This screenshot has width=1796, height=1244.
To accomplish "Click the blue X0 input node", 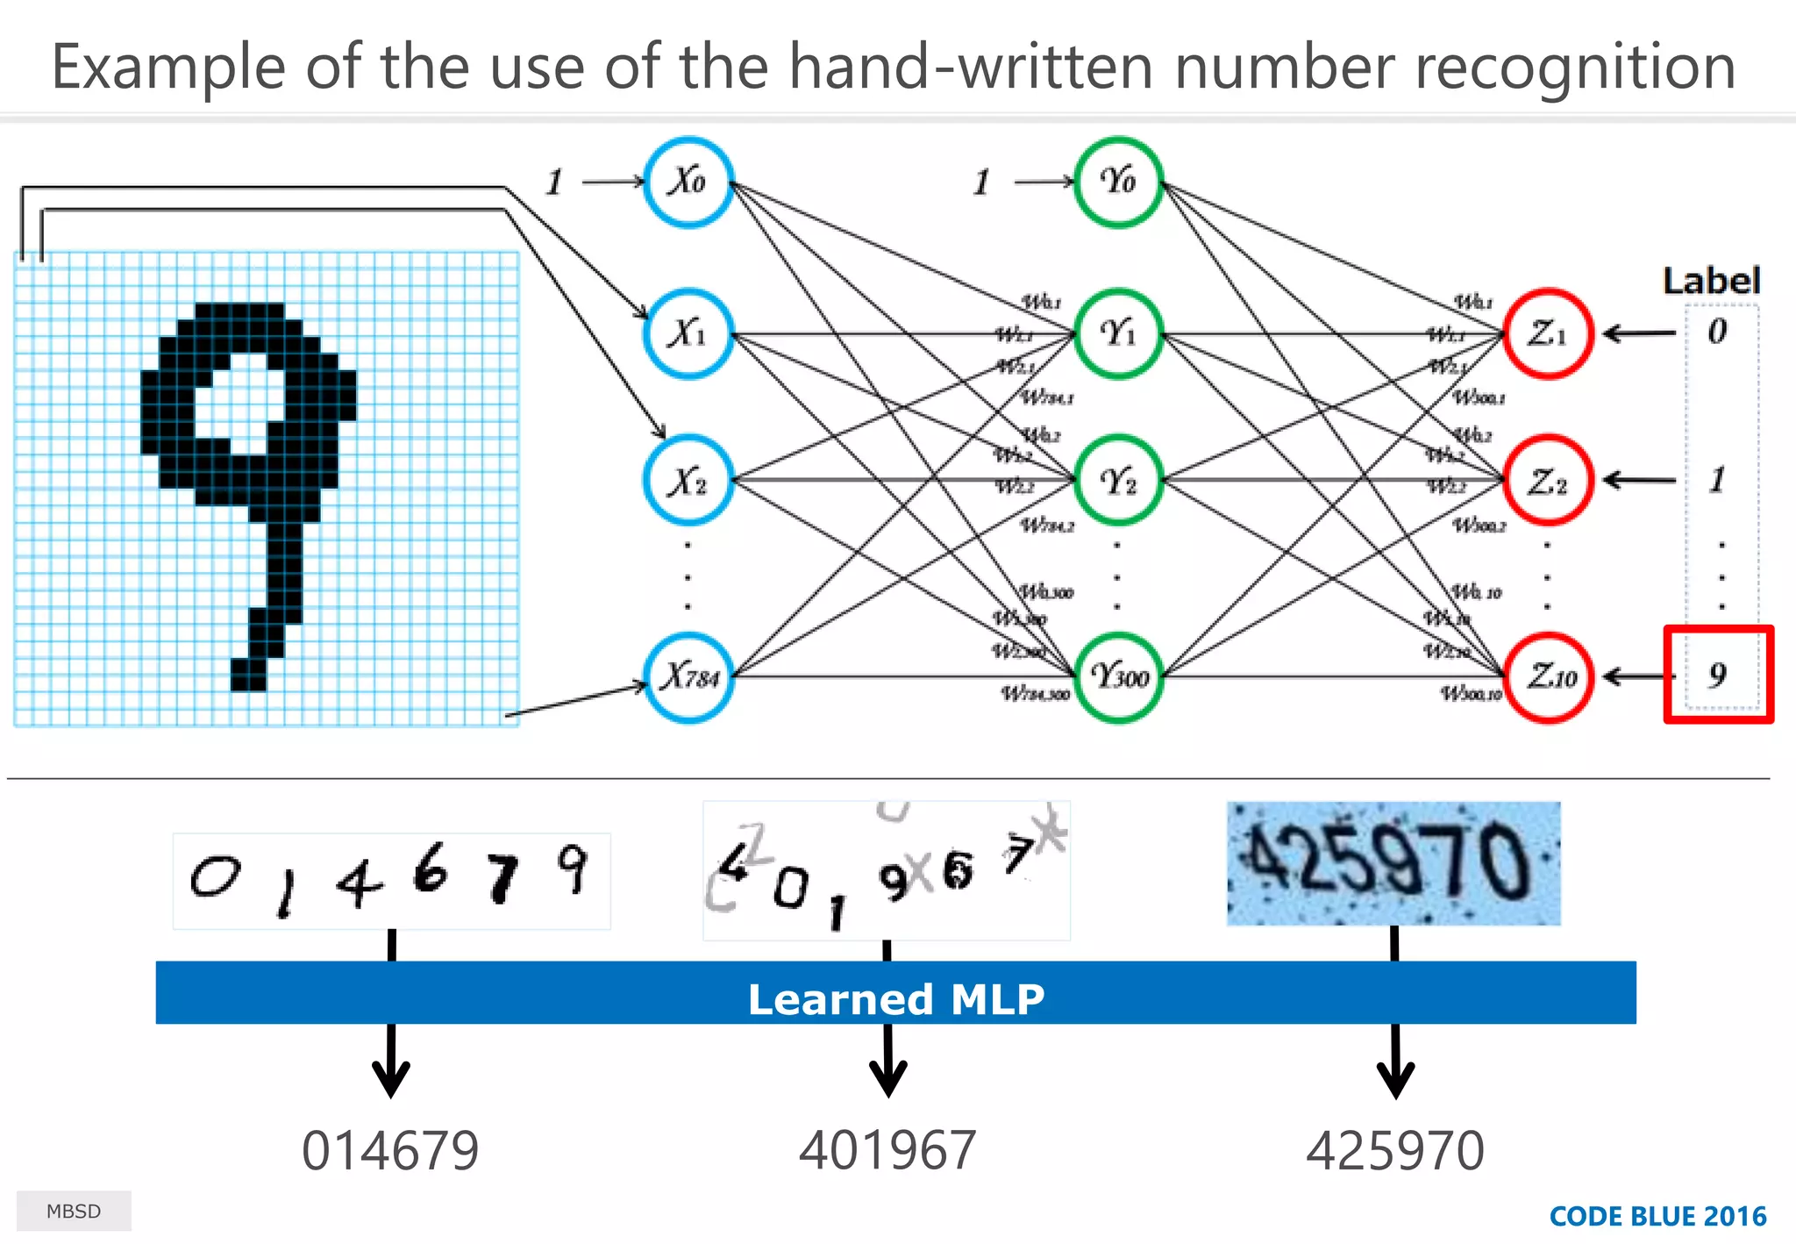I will [688, 182].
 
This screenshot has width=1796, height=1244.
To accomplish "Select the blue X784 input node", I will [688, 677].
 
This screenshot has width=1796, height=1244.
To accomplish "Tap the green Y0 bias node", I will [1118, 182].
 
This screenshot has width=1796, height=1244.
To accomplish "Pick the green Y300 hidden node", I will [1118, 677].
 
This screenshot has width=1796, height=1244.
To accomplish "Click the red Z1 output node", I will [1548, 333].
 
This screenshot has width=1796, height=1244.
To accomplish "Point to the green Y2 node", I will [1118, 481].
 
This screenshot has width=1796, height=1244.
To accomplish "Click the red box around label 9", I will [1718, 674].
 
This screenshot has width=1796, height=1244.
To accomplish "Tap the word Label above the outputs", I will [1711, 281].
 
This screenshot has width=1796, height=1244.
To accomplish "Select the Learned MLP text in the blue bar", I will [896, 999].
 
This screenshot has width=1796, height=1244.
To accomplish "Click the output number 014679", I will [390, 1151].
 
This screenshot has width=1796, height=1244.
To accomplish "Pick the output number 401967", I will [887, 1151].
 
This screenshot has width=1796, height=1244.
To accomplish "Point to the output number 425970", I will [1394, 1151].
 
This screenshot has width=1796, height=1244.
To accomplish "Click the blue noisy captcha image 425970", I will [1393, 863].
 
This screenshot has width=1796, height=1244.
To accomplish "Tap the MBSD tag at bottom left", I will [74, 1212].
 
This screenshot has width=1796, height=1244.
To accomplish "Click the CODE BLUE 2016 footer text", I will [1657, 1216].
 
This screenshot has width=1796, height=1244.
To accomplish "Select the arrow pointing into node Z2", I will [1638, 480].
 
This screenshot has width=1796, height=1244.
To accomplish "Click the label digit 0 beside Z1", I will [1717, 332].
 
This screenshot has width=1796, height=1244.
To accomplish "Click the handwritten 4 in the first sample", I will [360, 882].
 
